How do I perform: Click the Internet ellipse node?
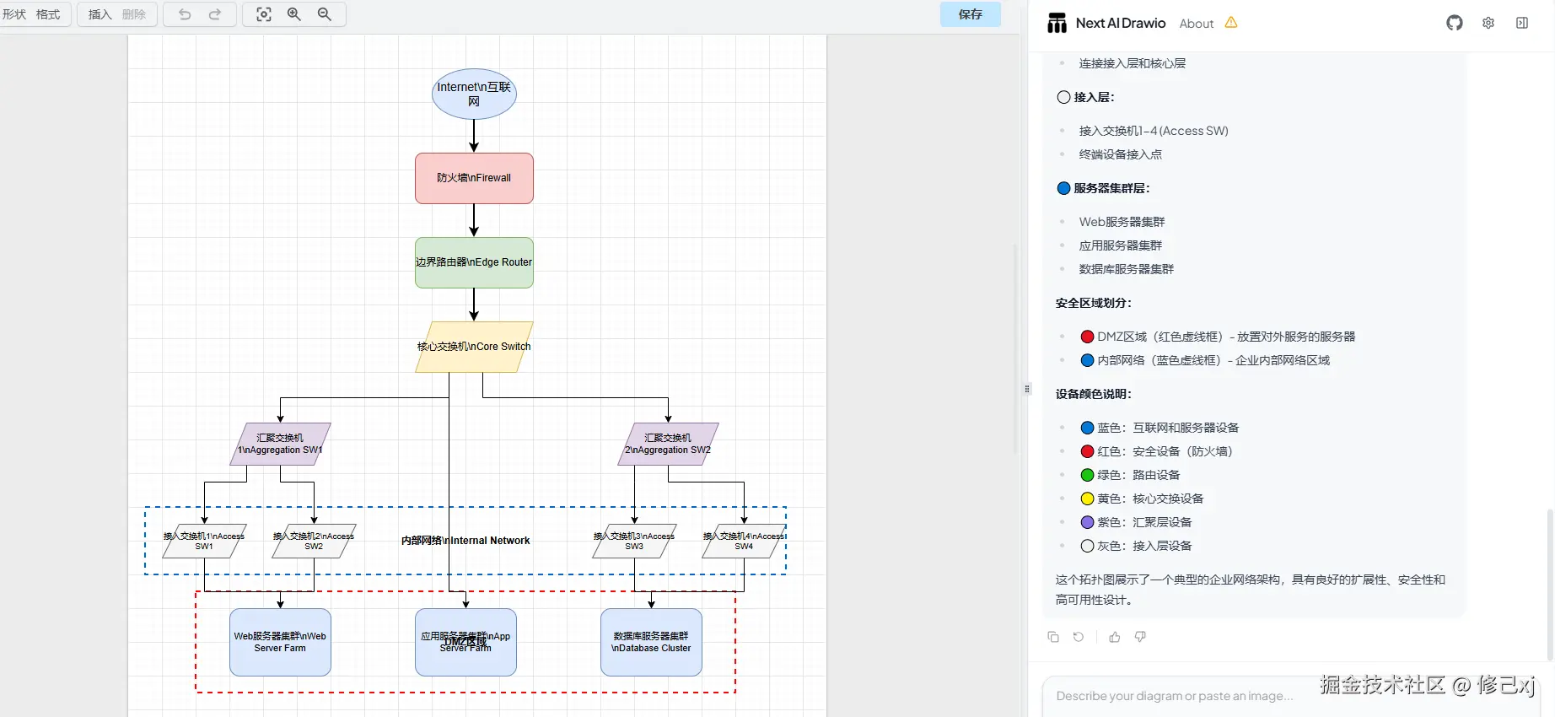pyautogui.click(x=474, y=94)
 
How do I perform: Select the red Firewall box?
pyautogui.click(x=474, y=178)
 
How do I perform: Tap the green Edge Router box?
pyautogui.click(x=474, y=262)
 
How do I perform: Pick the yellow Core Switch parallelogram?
pyautogui.click(x=474, y=347)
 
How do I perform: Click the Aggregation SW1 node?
pyautogui.click(x=280, y=444)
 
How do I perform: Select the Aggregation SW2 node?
pyautogui.click(x=668, y=444)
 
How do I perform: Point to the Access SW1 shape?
pyautogui.click(x=204, y=541)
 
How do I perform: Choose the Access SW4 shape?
pyautogui.click(x=744, y=541)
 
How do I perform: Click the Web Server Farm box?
pyautogui.click(x=280, y=642)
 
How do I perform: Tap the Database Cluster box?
pyautogui.click(x=651, y=642)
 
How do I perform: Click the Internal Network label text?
pyautogui.click(x=465, y=541)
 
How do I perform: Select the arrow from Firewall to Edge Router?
pyautogui.click(x=474, y=220)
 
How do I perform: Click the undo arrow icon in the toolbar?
pyautogui.click(x=185, y=14)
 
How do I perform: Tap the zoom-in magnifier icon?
pyautogui.click(x=294, y=14)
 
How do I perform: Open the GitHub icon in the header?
pyautogui.click(x=1455, y=23)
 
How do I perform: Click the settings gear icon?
pyautogui.click(x=1488, y=23)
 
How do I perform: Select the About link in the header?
pyautogui.click(x=1196, y=24)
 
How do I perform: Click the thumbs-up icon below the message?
pyautogui.click(x=1115, y=637)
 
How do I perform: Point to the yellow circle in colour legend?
pyautogui.click(x=1088, y=499)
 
